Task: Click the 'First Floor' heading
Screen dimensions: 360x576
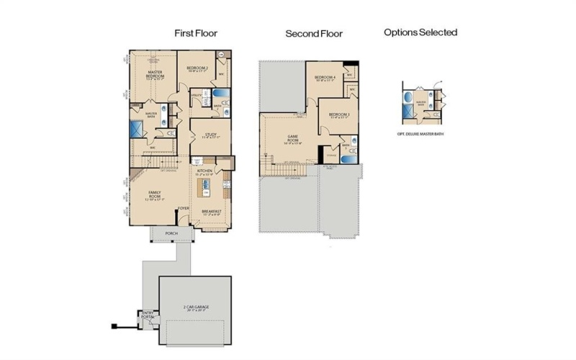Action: click(196, 33)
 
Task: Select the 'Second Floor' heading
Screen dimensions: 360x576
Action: click(314, 34)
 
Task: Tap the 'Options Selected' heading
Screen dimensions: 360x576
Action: click(420, 32)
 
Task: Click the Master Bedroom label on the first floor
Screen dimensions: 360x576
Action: click(155, 76)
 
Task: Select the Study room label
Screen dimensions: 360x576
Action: click(211, 135)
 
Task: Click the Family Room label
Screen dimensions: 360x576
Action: click(155, 194)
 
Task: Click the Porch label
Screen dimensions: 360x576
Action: click(171, 233)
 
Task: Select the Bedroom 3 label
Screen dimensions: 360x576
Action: click(339, 115)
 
